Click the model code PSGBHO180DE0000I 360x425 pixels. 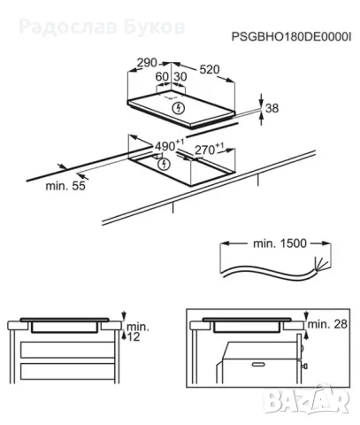[291, 37]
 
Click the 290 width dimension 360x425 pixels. [148, 63]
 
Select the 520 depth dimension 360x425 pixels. [210, 70]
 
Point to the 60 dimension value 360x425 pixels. [162, 77]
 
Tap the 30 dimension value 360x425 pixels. [180, 77]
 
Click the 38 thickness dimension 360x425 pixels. [272, 108]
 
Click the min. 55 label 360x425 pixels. [65, 186]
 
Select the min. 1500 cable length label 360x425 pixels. [280, 243]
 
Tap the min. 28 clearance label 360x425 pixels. [327, 324]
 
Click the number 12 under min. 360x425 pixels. [134, 336]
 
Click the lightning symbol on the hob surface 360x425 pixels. [178, 108]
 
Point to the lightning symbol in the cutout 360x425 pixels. [165, 165]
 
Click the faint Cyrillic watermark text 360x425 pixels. [102, 27]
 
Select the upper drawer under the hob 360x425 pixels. [67, 350]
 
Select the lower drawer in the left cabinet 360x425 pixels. [67, 372]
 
